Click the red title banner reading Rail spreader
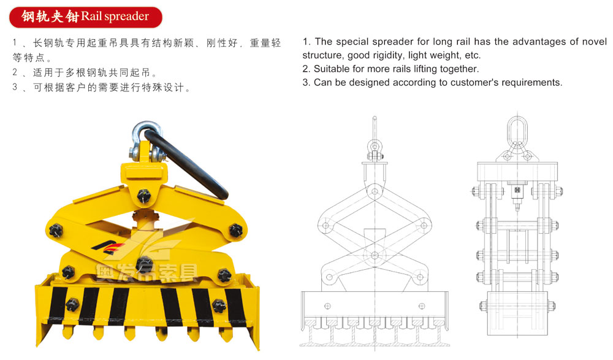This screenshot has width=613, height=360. [86, 17]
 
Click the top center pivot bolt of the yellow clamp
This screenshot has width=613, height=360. [143, 196]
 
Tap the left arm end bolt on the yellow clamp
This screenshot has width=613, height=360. [56, 230]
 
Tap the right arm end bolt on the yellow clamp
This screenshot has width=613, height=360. [236, 230]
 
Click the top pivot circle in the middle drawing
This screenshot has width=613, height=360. [375, 191]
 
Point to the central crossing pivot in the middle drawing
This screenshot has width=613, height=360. [375, 256]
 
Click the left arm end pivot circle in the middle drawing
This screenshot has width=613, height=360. [326, 226]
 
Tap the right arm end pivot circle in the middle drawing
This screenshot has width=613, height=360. [424, 226]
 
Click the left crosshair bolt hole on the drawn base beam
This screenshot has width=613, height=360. [327, 306]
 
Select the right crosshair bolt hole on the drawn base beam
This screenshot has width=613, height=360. [422, 306]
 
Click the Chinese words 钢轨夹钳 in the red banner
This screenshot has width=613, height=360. [50, 17]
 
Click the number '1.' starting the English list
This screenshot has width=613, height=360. [307, 42]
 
